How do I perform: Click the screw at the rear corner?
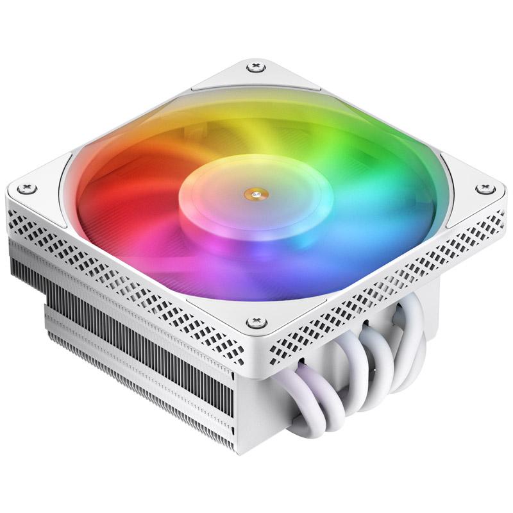point(258,66)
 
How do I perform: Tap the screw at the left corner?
point(27,189)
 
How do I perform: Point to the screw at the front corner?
point(253,321)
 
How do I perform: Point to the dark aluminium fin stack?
point(128,333)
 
